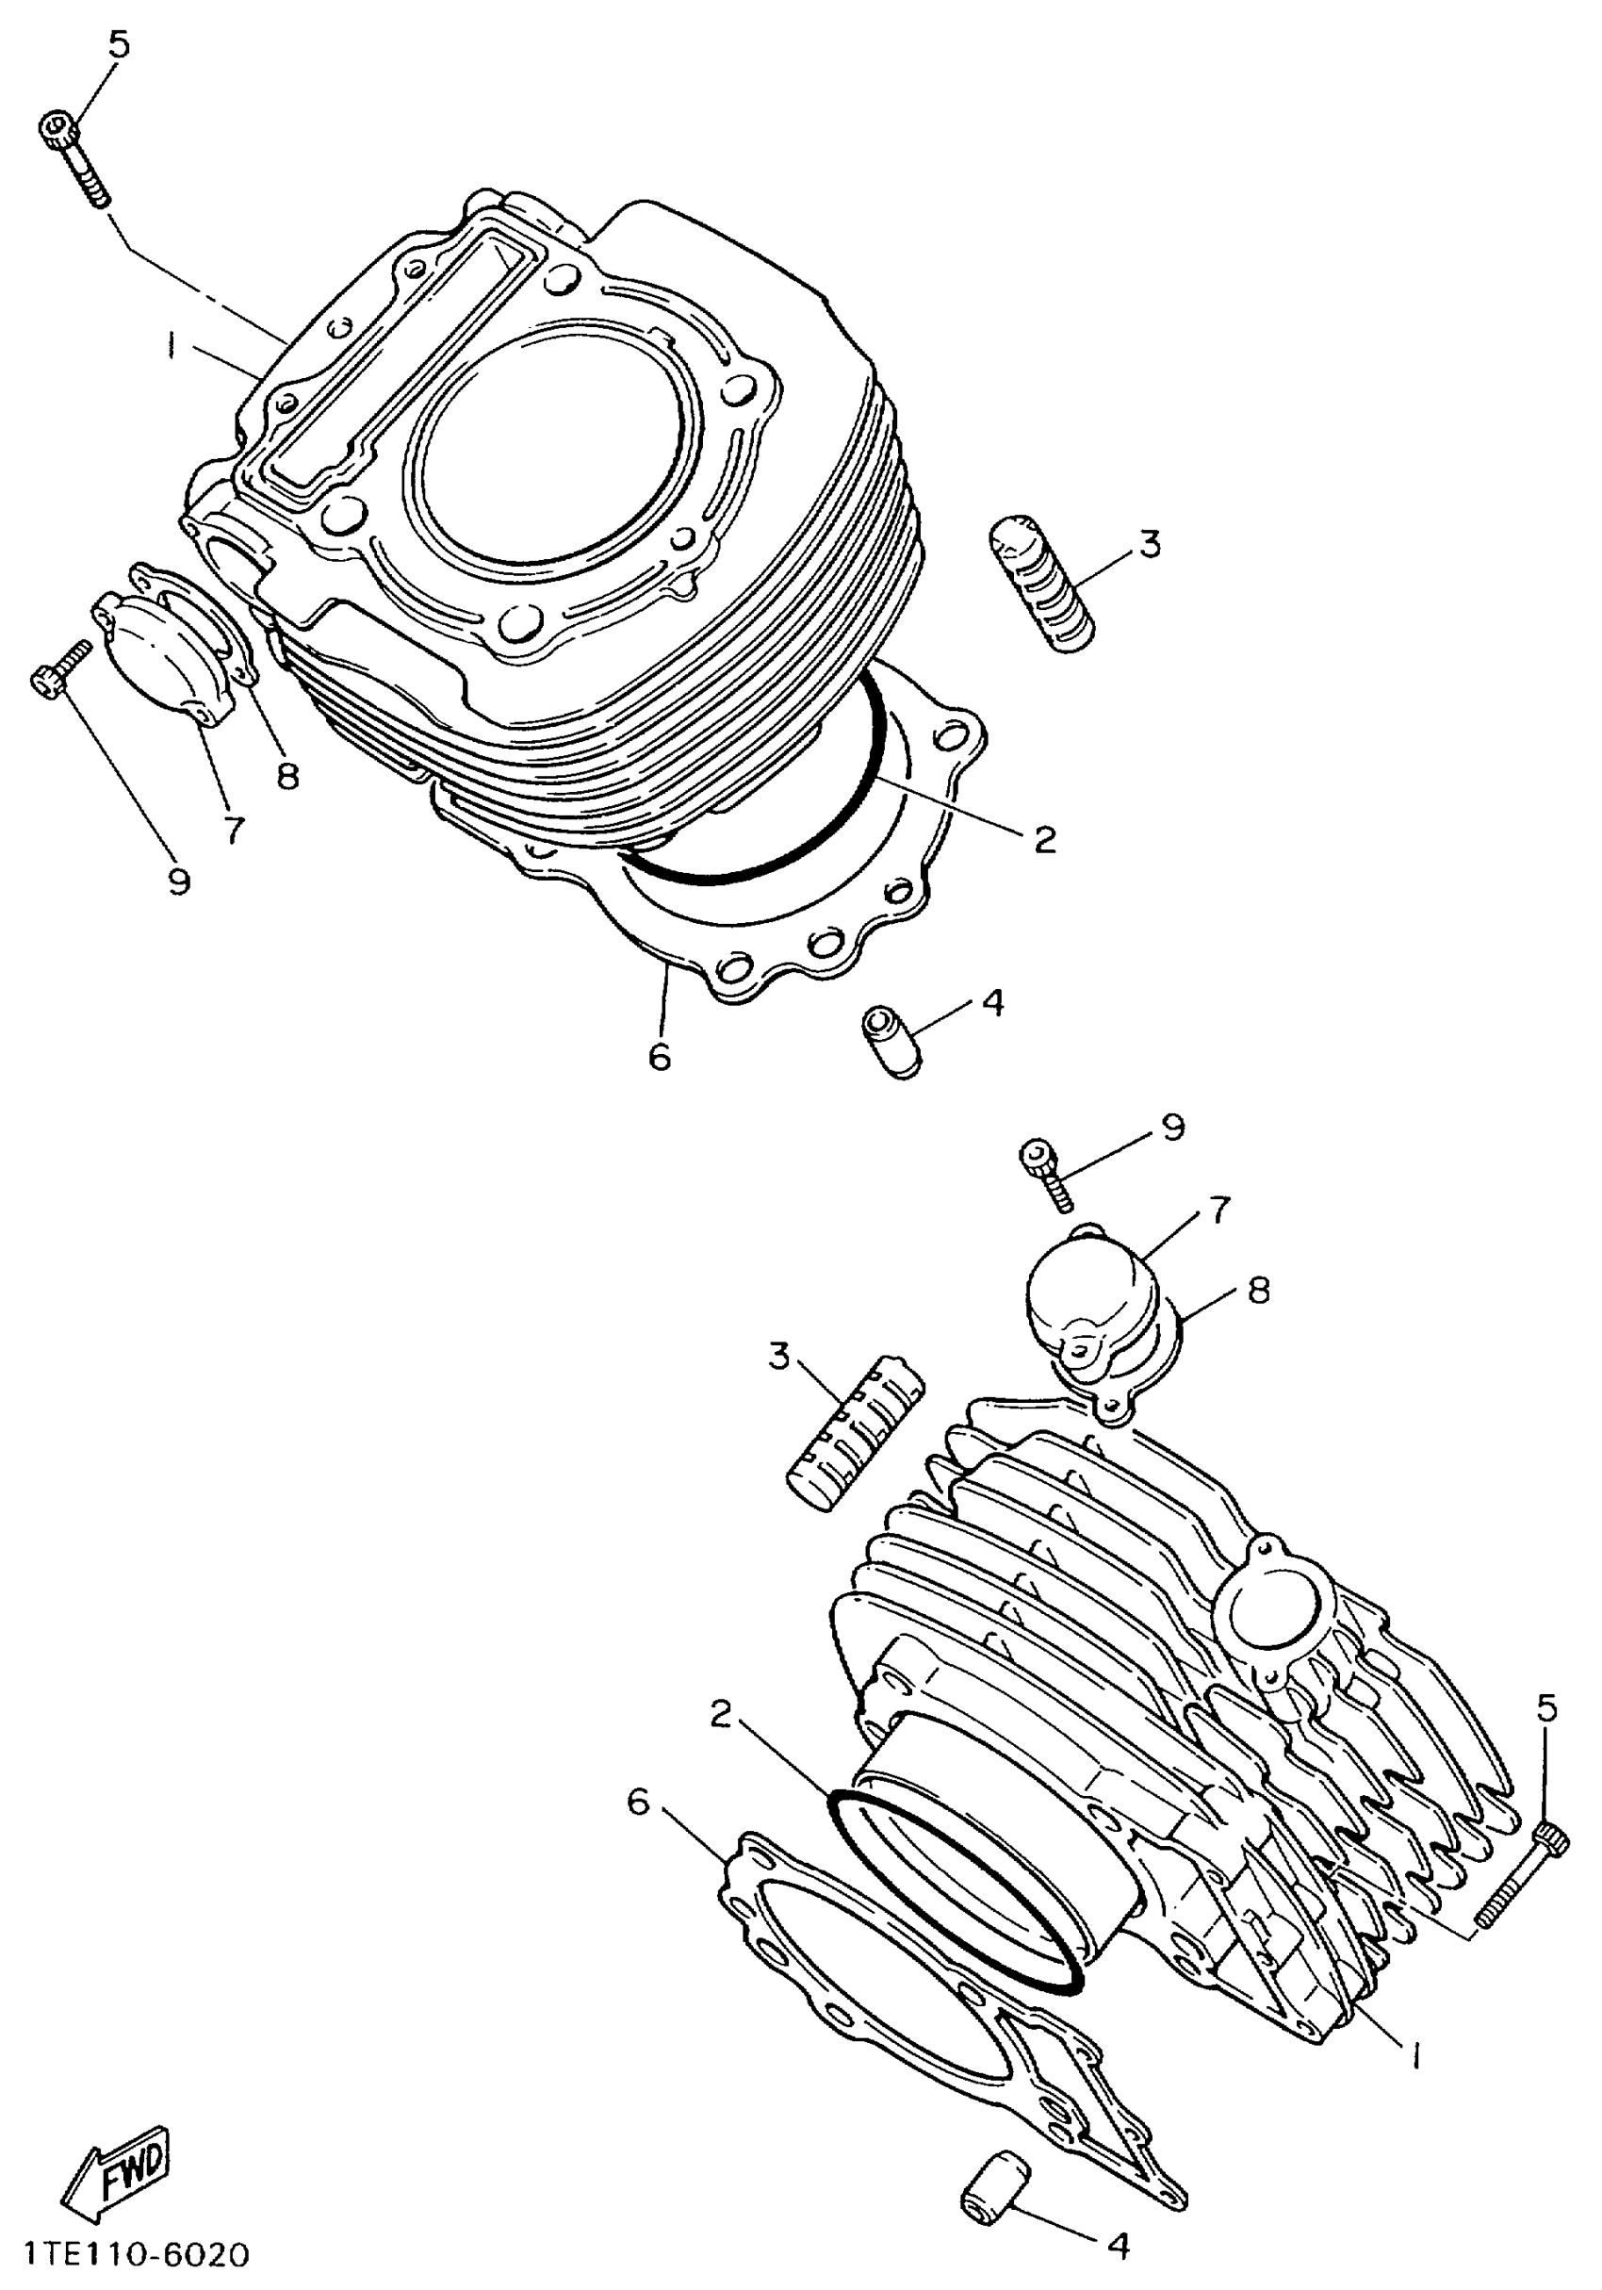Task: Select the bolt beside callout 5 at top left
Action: (x=75, y=157)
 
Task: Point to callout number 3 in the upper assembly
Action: (x=1150, y=545)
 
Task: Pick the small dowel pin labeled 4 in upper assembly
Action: (x=891, y=1040)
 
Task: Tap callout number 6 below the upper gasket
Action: (x=659, y=1056)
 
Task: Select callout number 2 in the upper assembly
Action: (x=1044, y=839)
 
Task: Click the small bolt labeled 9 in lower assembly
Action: (x=1046, y=1174)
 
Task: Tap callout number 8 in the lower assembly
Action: (x=1259, y=1291)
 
